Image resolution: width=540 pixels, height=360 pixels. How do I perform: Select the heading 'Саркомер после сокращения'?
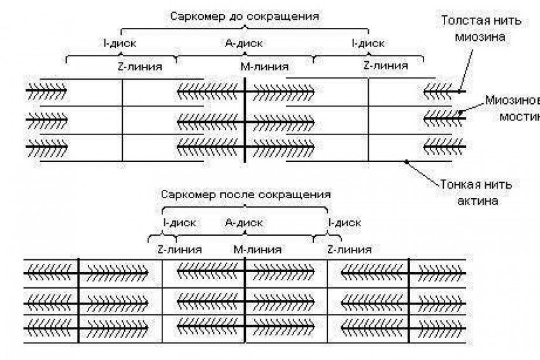pos(246,193)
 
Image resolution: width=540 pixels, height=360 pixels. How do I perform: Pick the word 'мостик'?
pos(518,117)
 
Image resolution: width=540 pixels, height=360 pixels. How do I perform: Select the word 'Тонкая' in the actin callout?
pos(459,185)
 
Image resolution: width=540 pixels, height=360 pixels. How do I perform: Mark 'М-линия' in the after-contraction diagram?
pos(258,249)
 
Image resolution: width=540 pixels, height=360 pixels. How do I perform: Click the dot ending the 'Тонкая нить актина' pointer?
pos(406,162)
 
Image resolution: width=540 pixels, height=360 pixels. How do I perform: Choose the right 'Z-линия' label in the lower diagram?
pos(349,249)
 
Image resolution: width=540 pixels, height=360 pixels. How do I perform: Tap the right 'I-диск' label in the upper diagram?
pos(367,44)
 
